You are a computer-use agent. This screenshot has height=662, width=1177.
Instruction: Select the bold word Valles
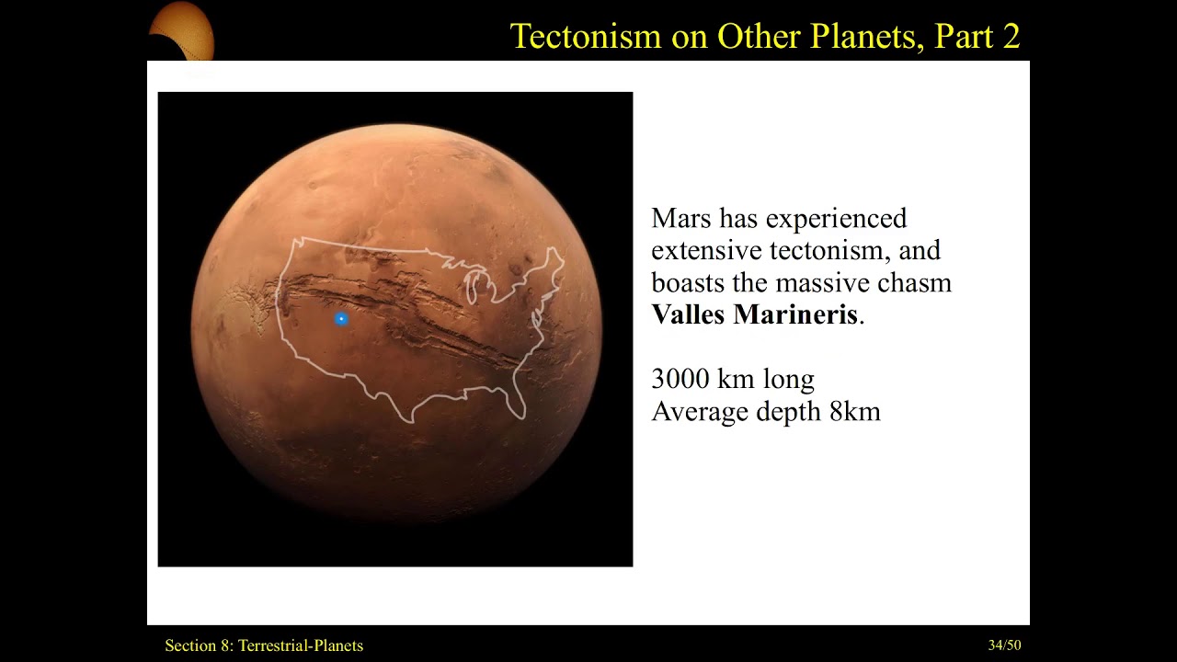[x=688, y=314]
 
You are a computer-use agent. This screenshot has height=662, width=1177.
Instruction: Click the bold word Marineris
[x=794, y=314]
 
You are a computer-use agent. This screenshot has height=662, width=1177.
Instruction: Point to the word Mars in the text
[x=681, y=218]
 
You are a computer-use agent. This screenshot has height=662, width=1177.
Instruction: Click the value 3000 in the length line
[x=680, y=379]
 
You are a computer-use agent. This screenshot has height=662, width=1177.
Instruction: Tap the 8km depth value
[x=854, y=411]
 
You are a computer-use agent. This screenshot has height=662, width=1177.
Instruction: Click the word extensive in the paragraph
[x=706, y=250]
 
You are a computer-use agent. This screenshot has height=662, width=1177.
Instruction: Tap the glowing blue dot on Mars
[x=341, y=319]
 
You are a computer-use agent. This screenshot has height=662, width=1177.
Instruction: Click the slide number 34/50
[x=1004, y=645]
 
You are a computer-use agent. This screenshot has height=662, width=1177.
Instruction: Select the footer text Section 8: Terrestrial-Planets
[x=264, y=645]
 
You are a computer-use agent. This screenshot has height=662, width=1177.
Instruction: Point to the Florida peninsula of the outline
[x=517, y=400]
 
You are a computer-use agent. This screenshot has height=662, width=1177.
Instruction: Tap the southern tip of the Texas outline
[x=410, y=417]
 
